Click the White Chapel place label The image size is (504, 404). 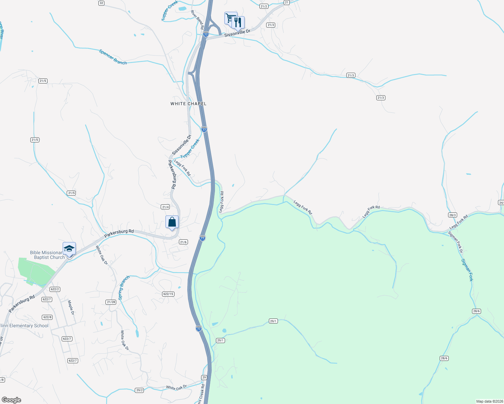click(x=188, y=104)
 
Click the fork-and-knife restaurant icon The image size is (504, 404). click(x=238, y=23)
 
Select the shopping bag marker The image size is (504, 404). click(x=172, y=222)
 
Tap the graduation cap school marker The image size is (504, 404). click(x=69, y=249)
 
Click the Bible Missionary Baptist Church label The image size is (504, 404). click(x=47, y=255)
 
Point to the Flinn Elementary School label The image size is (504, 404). click(x=24, y=326)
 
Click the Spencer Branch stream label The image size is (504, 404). click(x=113, y=57)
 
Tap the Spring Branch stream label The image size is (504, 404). click(x=124, y=288)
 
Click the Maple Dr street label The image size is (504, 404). click(x=71, y=307)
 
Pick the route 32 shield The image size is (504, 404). click(x=101, y=3)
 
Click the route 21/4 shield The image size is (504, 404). click(x=165, y=207)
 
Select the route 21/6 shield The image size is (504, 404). click(x=183, y=242)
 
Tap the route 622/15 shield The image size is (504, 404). click(x=168, y=294)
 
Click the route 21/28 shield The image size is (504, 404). click(x=111, y=302)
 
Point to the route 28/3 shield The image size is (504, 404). click(x=452, y=215)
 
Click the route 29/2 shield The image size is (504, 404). click(x=139, y=390)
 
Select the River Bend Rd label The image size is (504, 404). click(x=197, y=20)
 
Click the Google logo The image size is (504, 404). click(x=11, y=400)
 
